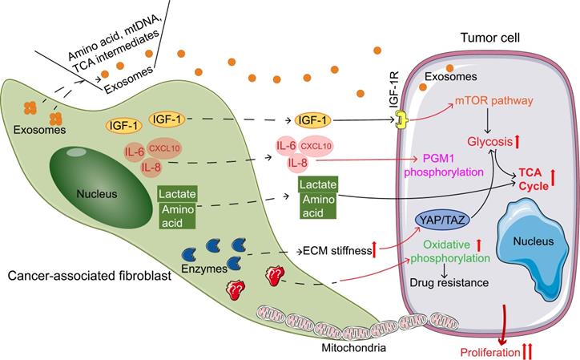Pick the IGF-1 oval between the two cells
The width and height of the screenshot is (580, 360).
pos(316,120)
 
